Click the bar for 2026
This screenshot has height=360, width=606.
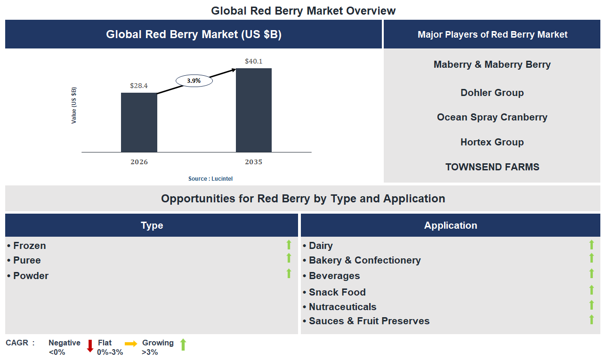[139, 122]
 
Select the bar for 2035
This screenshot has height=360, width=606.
[254, 110]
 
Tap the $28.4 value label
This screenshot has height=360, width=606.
[139, 86]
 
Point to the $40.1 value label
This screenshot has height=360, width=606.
[254, 61]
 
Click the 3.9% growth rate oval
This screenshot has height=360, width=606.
[194, 81]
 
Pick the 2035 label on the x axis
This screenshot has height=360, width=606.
[254, 162]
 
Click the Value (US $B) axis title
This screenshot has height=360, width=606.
[74, 105]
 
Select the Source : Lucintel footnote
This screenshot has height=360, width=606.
[210, 179]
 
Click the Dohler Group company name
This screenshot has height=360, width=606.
[492, 93]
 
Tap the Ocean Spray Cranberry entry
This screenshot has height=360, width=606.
[492, 117]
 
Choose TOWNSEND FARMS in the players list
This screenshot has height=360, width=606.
[492, 167]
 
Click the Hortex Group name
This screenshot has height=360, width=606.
[492, 142]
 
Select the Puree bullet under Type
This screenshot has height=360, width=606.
[27, 260]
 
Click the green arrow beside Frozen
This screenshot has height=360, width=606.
[289, 245]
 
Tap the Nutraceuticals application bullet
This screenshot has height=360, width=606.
[342, 307]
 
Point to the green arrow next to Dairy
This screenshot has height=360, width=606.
[592, 245]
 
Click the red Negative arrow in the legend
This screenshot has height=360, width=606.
[90, 346]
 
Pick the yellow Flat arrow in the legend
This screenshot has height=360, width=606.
[131, 344]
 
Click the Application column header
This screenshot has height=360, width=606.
[451, 225]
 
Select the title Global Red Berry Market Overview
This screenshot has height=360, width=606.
[303, 10]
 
